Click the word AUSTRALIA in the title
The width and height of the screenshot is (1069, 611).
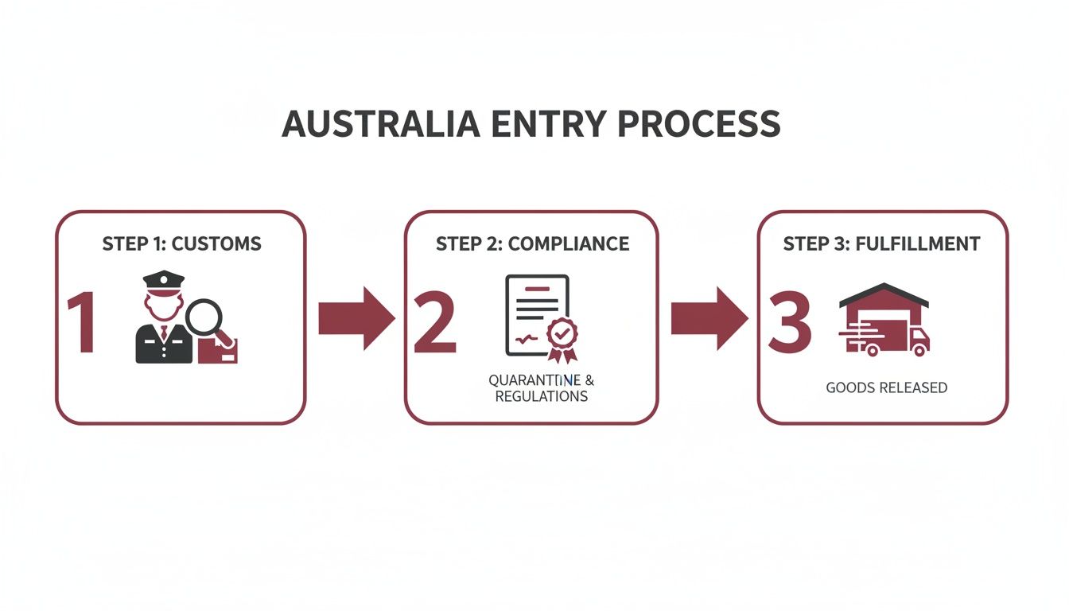[x=380, y=125]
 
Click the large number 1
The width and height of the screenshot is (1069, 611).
[x=82, y=324]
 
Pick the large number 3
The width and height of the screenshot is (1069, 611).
[x=789, y=324]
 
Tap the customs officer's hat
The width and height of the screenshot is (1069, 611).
[x=163, y=281]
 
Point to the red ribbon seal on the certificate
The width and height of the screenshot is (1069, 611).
[x=562, y=335]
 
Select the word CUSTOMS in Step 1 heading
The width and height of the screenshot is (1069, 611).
[x=216, y=243]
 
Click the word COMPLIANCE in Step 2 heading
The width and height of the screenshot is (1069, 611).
[x=568, y=243]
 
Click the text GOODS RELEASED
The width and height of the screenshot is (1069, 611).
[x=886, y=387]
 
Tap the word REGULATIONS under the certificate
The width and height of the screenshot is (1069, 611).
[x=541, y=395]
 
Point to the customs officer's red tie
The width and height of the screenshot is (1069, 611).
[x=164, y=332]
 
